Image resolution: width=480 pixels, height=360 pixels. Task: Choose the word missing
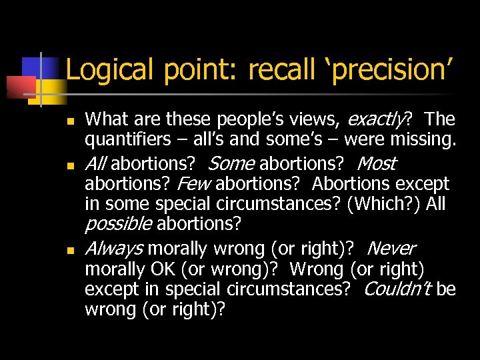click(x=420, y=141)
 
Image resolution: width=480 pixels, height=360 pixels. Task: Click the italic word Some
click(x=231, y=163)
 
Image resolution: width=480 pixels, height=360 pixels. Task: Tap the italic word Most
click(x=377, y=163)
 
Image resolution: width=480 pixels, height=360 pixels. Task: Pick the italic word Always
click(x=113, y=249)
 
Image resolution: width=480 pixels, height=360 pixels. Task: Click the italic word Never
click(x=391, y=249)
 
